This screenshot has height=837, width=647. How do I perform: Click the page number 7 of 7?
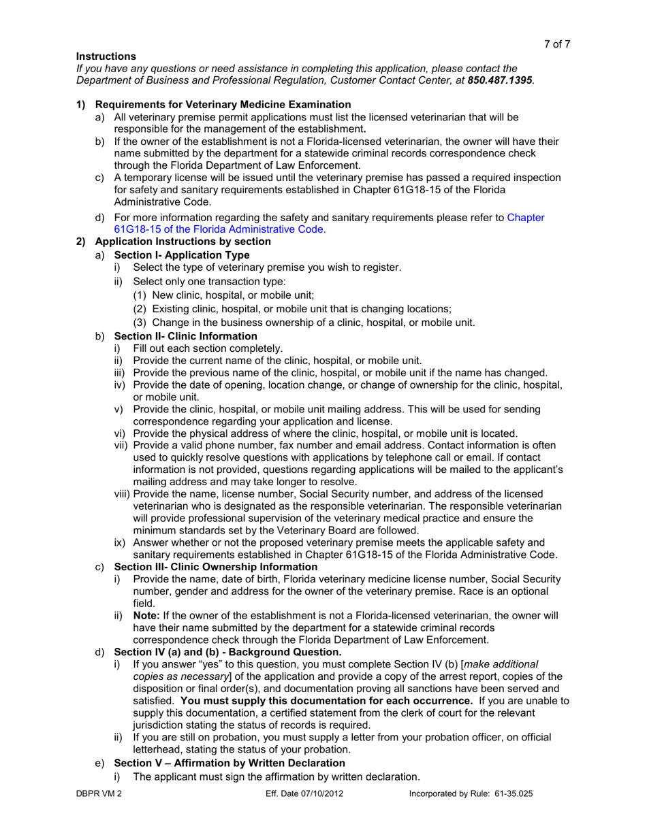point(556,44)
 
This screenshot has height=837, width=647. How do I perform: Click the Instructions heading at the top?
point(106,56)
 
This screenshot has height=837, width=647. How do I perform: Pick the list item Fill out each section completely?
point(203,348)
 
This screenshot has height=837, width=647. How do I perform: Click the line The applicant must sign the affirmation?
point(276,776)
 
